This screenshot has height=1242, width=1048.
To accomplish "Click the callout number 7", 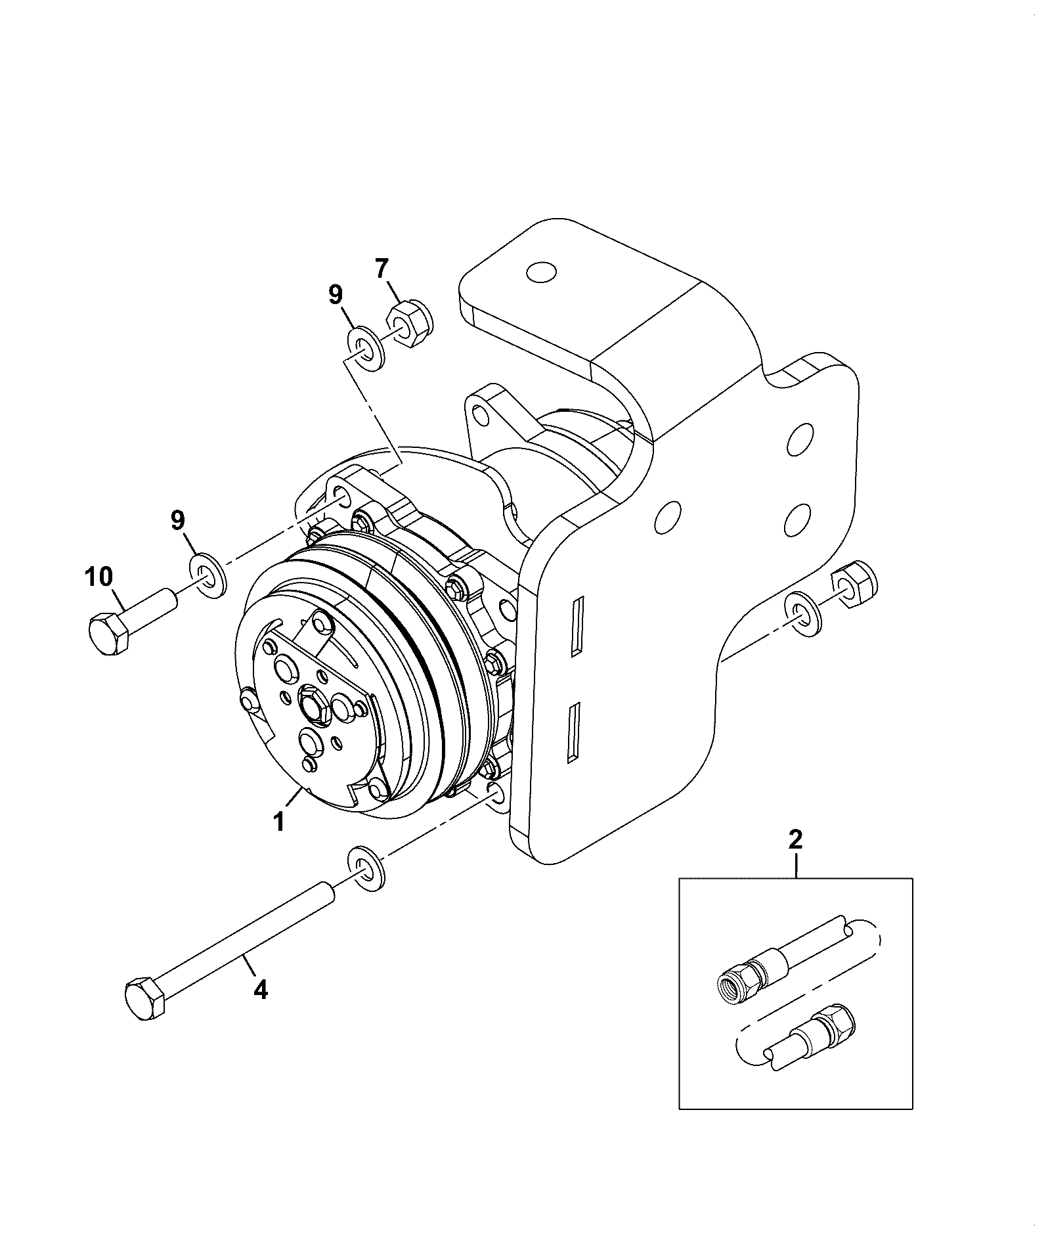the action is (x=382, y=270).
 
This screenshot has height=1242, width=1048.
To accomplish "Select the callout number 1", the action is (x=278, y=822).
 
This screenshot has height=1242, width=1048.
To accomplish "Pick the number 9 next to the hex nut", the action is (x=336, y=295).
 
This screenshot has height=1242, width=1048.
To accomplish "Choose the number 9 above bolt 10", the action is (x=179, y=521).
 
